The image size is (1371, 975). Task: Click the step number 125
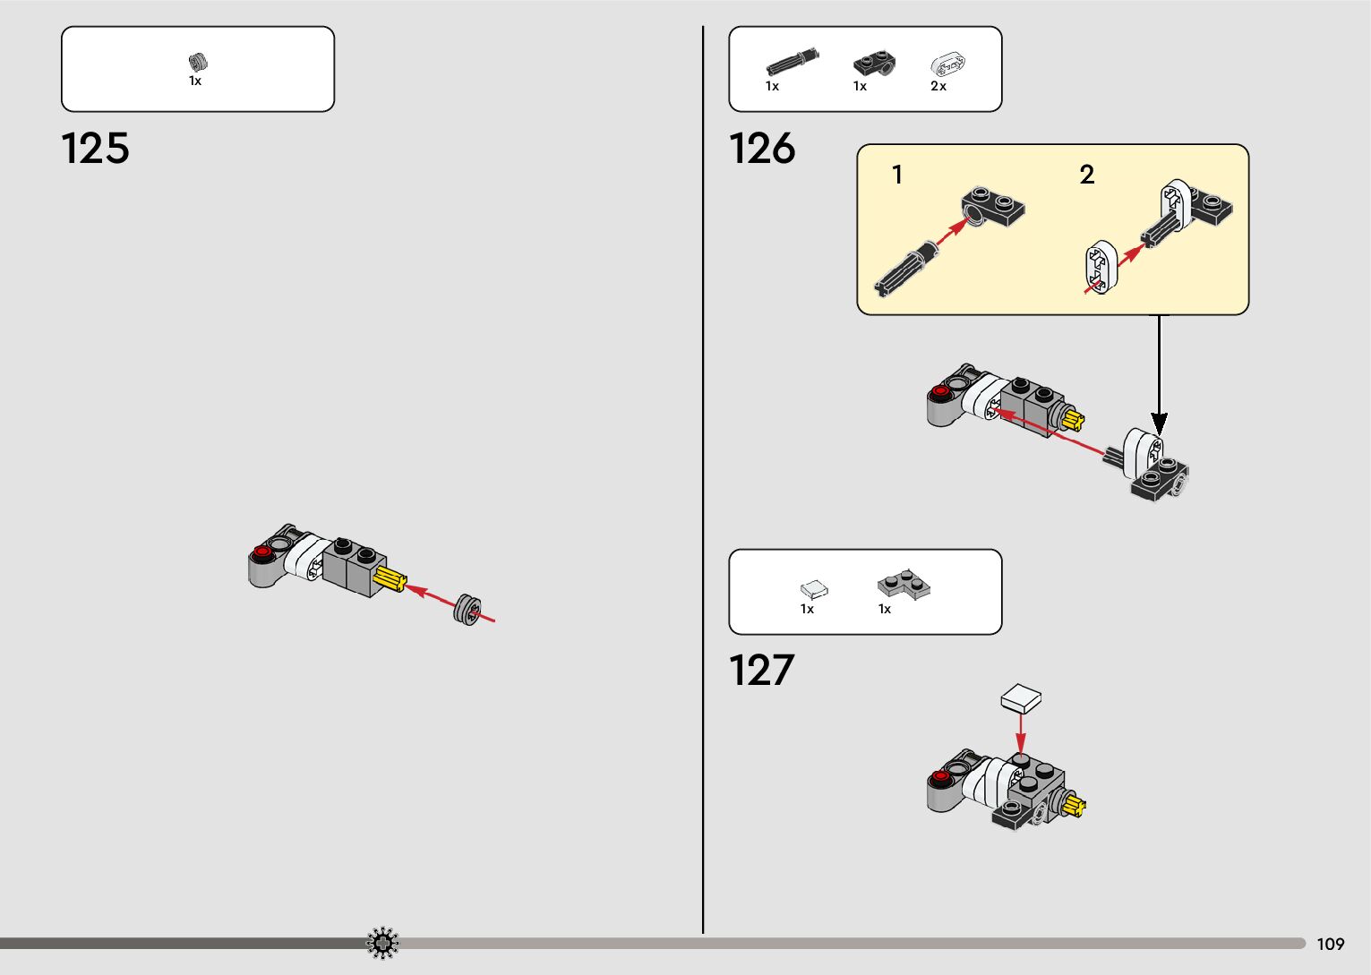click(95, 149)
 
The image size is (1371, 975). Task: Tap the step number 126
click(761, 149)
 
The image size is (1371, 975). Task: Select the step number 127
click(761, 671)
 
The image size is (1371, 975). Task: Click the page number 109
click(1331, 944)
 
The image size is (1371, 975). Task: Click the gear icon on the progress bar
click(382, 943)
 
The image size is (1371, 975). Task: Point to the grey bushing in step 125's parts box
click(198, 62)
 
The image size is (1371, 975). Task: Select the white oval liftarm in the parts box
click(947, 64)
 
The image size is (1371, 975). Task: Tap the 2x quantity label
click(938, 86)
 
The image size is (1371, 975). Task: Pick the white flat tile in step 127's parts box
click(814, 589)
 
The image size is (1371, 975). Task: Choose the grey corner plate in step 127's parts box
click(903, 585)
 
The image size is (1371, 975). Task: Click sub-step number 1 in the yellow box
click(897, 175)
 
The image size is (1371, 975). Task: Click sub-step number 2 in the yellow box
click(1087, 175)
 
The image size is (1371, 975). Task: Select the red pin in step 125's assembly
click(262, 552)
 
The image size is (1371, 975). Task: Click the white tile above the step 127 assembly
click(1022, 697)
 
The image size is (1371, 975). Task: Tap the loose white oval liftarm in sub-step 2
click(1101, 266)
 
